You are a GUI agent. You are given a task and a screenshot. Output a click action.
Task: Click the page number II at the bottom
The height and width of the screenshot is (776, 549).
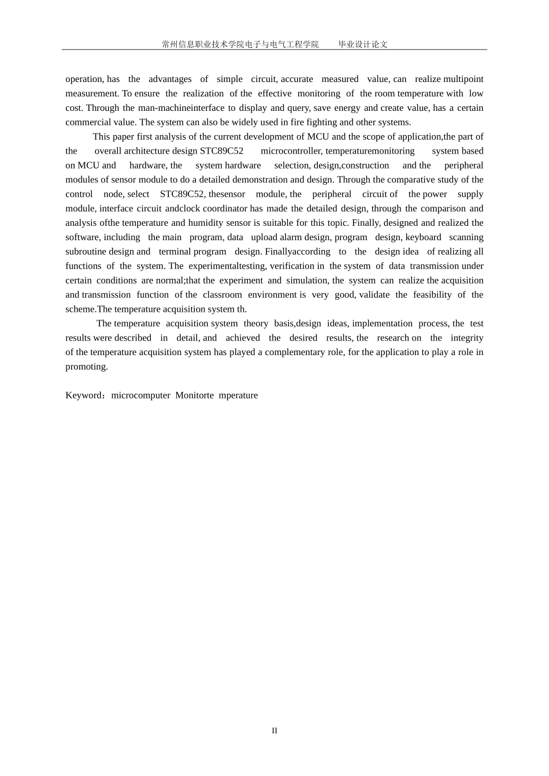coord(274,730)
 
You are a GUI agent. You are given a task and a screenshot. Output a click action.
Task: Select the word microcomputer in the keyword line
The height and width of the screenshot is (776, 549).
coord(140,396)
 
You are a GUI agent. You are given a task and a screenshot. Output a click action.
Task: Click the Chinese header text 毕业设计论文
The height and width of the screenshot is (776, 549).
coord(363,44)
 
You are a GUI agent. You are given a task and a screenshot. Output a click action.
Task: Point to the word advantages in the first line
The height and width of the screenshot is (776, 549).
coord(170,79)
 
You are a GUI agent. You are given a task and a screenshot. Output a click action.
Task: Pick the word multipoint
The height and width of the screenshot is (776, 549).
coord(463,79)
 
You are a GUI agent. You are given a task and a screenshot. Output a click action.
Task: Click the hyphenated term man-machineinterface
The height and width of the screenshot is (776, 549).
coord(181,108)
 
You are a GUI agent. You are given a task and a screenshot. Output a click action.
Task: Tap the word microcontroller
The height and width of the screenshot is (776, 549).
coord(291,151)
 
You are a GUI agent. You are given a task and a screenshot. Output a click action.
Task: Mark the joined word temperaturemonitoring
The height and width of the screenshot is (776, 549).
coord(370,151)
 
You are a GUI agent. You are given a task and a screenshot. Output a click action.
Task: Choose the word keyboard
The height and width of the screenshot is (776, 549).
coord(423,237)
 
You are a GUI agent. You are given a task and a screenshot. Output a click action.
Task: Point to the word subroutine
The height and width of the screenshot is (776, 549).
coord(86,252)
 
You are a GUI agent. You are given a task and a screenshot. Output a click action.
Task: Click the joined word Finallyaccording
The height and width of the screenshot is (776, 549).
coord(298,252)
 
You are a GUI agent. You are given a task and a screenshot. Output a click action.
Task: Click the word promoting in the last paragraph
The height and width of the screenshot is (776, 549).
coord(86,367)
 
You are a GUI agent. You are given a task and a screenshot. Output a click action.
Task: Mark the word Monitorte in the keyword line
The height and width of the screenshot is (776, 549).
coord(194,396)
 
